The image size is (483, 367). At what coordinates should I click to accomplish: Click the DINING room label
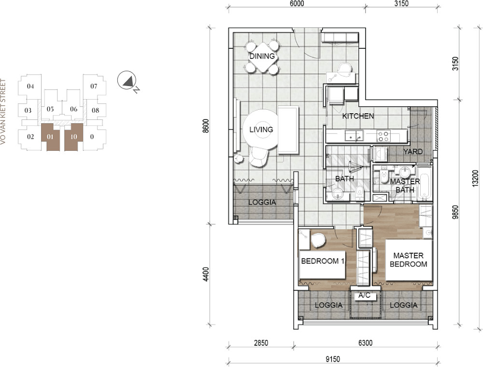(262, 56)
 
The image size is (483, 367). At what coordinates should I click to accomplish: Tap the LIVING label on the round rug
(261, 130)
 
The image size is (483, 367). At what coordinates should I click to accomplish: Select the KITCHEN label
(358, 116)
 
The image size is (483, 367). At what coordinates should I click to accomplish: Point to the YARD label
(413, 151)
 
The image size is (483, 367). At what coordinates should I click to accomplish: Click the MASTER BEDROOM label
(409, 260)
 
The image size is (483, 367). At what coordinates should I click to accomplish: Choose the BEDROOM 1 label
(323, 261)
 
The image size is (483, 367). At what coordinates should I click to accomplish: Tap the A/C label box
(364, 296)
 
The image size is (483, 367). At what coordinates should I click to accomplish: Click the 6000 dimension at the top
(297, 3)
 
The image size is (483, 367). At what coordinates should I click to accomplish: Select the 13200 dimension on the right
(476, 178)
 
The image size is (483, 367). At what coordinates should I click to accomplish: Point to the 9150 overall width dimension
(333, 359)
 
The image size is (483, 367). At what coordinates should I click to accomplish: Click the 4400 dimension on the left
(206, 274)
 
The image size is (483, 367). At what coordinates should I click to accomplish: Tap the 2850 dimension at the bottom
(261, 343)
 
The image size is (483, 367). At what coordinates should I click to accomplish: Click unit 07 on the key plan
(94, 86)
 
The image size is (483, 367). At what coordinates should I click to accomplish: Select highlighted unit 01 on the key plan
(50, 137)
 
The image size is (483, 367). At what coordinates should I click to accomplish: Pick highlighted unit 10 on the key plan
(73, 137)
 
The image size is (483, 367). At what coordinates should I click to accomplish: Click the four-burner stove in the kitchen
(384, 136)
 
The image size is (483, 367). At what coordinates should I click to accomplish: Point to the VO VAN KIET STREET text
(3, 112)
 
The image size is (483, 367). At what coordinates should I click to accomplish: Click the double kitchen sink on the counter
(354, 136)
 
